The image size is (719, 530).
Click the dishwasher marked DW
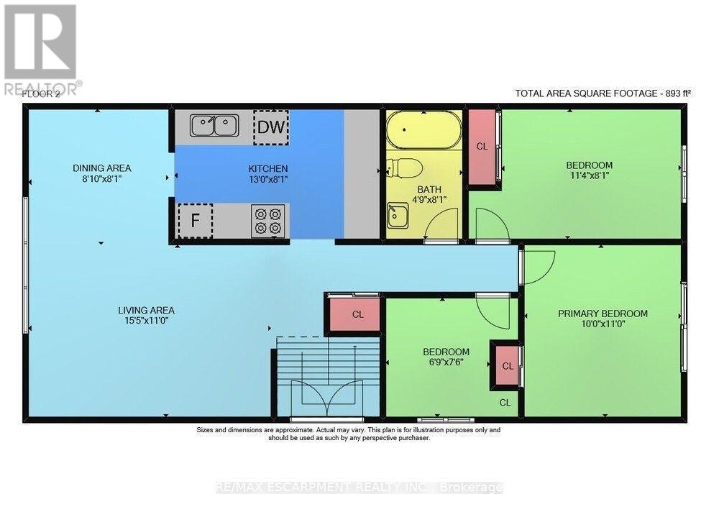(271, 127)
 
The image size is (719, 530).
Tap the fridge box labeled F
(196, 221)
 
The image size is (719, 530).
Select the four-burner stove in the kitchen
(267, 221)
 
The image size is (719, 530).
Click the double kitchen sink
(214, 125)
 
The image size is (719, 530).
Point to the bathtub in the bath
(424, 129)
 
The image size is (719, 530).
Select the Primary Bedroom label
(603, 314)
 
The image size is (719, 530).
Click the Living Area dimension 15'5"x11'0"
(146, 321)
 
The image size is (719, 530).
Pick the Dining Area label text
(102, 168)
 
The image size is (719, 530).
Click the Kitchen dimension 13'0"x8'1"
(268, 179)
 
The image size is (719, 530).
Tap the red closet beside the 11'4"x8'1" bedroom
(482, 147)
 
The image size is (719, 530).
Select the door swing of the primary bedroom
(539, 268)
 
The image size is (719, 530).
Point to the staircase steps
(329, 376)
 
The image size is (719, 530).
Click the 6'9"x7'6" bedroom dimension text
(446, 362)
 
